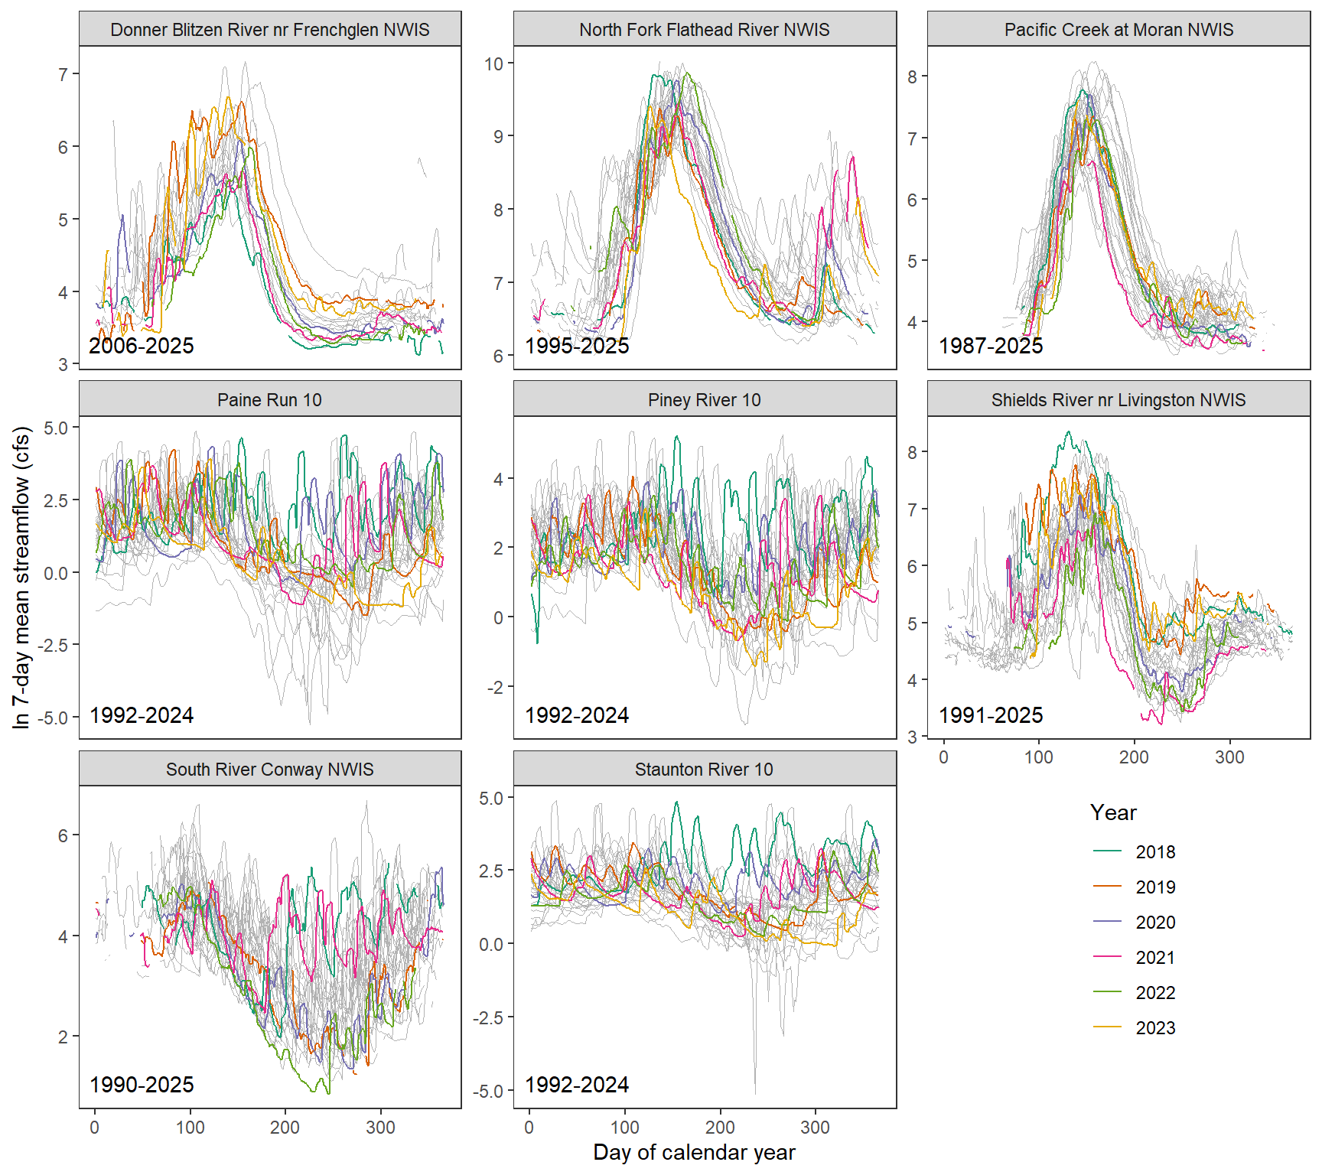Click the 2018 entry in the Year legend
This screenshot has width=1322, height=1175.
1154,852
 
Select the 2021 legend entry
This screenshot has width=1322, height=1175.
1154,958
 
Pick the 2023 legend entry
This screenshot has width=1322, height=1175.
1154,1028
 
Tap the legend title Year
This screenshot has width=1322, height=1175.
1113,812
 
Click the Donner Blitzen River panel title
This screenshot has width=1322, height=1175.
270,30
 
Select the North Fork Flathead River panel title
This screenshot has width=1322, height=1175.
704,30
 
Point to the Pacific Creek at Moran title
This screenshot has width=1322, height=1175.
1118,30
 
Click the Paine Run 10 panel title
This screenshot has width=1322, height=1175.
270,400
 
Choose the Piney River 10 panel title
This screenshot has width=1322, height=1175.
704,400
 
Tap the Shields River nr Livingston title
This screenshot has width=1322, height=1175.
1118,400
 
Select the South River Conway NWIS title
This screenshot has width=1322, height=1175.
270,770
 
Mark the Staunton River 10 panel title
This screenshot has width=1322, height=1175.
704,770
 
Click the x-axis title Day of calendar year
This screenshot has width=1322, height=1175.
694,1153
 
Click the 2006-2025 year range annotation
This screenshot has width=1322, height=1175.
142,346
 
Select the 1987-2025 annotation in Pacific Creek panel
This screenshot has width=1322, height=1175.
991,346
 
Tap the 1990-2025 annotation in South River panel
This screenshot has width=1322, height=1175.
142,1085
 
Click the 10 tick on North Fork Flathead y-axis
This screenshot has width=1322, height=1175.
493,63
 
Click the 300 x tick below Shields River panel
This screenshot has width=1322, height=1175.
1229,757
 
